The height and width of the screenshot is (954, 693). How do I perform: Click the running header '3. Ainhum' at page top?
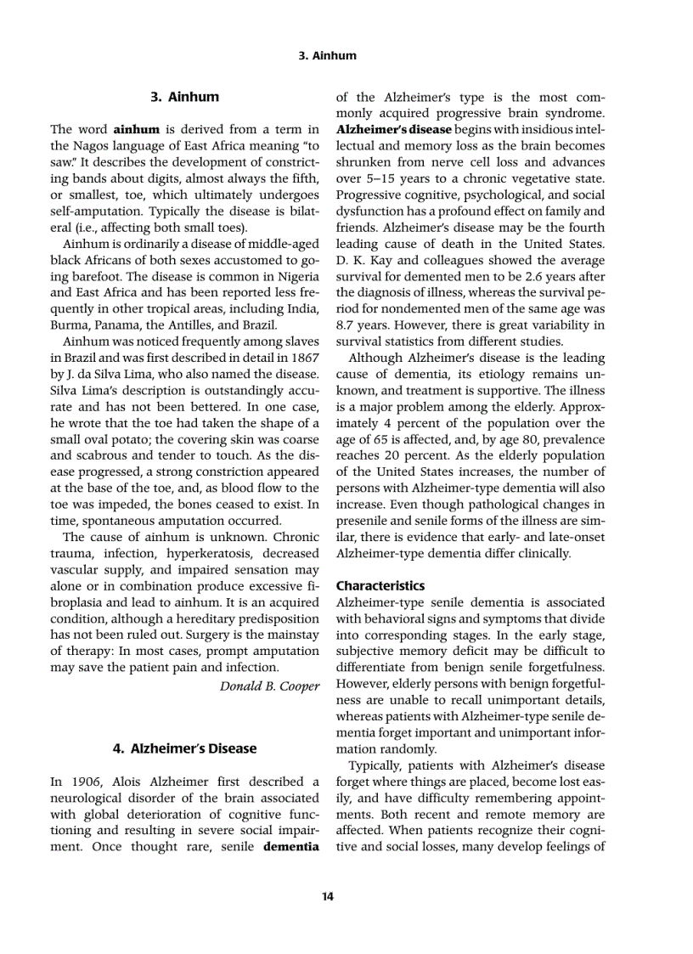coord(329,56)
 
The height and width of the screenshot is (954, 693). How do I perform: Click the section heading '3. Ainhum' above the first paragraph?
coord(184,97)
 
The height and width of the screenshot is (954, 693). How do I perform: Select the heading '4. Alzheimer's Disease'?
coord(184,748)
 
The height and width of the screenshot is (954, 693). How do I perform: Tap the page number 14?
coord(328,895)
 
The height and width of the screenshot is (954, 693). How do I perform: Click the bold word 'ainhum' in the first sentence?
coord(137,129)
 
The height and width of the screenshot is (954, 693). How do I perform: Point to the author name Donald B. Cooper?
coord(270,685)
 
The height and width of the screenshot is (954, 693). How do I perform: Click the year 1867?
coord(303,358)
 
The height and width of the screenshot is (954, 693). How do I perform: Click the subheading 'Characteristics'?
coord(380,586)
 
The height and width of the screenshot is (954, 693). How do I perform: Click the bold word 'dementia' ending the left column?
coord(291,846)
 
